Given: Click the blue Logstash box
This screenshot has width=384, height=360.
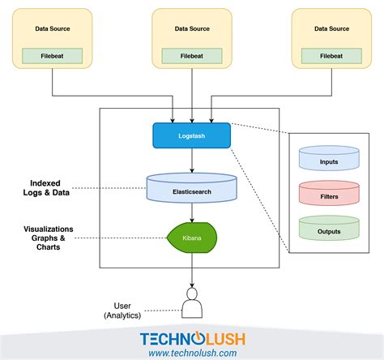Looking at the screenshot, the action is [192, 135].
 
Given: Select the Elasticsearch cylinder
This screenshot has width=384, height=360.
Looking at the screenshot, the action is [192, 188].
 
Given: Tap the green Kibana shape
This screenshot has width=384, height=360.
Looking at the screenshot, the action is [192, 238].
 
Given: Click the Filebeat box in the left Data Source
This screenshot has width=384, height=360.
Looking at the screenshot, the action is [52, 56].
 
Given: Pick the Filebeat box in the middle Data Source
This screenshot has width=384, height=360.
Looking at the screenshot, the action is [192, 56].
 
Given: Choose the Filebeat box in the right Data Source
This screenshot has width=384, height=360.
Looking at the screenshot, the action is [331, 56].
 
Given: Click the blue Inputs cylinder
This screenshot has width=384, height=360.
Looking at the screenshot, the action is [329, 158].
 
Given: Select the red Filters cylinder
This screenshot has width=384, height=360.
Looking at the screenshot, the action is [329, 193].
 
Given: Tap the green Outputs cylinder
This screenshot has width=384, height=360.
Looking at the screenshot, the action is [329, 228].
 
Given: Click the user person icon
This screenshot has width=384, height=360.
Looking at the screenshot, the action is [192, 303].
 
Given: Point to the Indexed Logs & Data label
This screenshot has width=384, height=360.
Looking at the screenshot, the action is [46, 188].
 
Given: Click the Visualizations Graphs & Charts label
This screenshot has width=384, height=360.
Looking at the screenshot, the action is [49, 238].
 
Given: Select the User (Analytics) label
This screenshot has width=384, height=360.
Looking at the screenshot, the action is [122, 311].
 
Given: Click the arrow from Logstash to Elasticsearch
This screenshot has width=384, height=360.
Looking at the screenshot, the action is [192, 161].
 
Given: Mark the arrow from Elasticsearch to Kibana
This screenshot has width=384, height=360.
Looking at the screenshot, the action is [192, 212].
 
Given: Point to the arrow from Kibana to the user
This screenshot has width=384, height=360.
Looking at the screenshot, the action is [192, 270].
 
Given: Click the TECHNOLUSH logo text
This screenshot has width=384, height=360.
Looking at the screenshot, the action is [193, 339].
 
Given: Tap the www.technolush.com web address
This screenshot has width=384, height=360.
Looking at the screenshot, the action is [193, 353].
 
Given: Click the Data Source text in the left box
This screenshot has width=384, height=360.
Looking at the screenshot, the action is [53, 28].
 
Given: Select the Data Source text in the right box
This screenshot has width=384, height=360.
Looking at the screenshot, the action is [331, 28].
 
